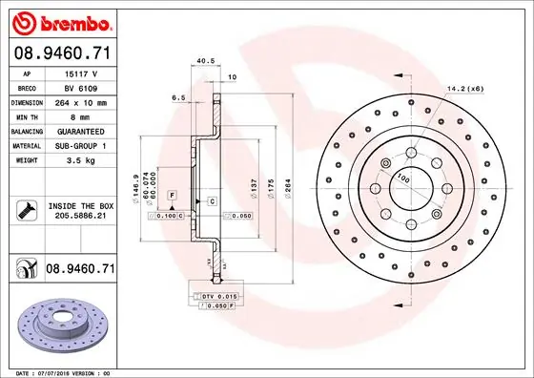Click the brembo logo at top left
pyautogui.click(x=59, y=21)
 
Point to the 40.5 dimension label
pyautogui.click(x=203, y=61)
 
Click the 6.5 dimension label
pyautogui.click(x=178, y=97)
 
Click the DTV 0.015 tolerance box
pyautogui.click(x=223, y=298)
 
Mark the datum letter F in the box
pyautogui.click(x=172, y=195)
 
